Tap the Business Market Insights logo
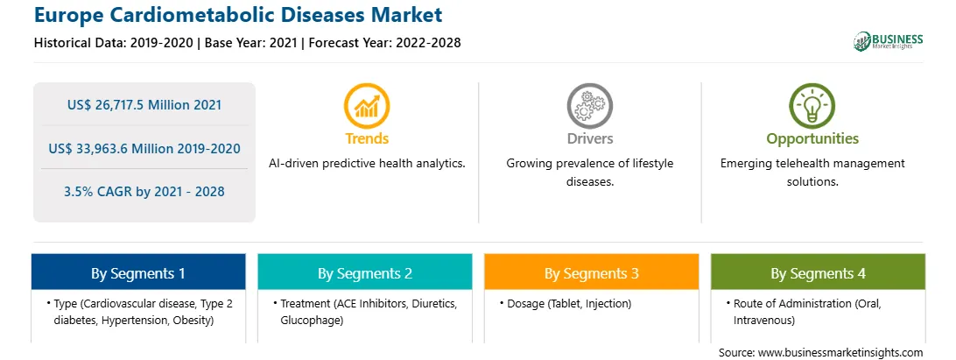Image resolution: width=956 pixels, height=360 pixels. [x=888, y=41]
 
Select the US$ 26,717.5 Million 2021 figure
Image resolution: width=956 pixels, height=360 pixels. [x=144, y=105]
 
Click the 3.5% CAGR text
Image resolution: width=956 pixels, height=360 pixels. [x=103, y=192]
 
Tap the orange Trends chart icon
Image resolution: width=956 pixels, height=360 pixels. [x=367, y=106]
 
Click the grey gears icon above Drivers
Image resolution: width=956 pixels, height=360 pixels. [x=589, y=106]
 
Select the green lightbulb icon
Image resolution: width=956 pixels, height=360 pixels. [x=812, y=106]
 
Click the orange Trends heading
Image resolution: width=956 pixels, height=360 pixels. [x=367, y=138]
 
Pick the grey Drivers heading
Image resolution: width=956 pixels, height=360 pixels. [x=589, y=138]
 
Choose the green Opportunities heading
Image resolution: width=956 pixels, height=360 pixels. [x=812, y=139]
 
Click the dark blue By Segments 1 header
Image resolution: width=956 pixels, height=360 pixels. [x=138, y=272]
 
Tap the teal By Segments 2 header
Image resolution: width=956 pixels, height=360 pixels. [x=364, y=272]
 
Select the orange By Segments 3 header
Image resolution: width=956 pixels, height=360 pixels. [x=592, y=272]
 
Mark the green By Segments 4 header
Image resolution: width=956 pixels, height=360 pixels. [x=818, y=272]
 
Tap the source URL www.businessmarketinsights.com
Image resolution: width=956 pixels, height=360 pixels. [x=840, y=352]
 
